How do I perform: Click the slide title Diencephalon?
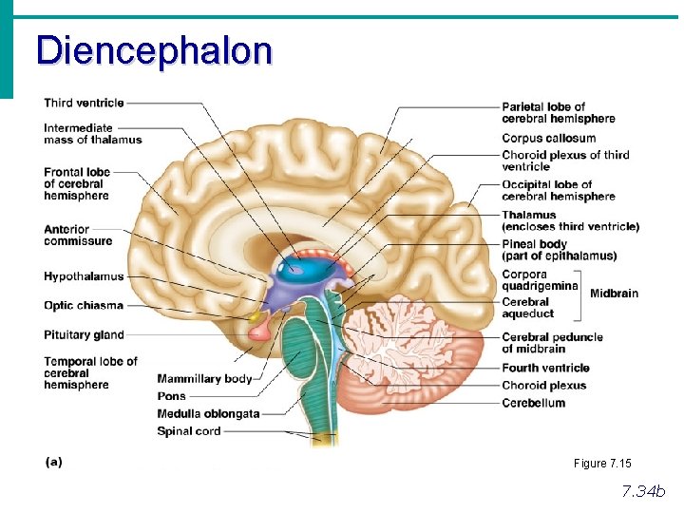pos(154,49)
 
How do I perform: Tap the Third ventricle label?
pos(84,103)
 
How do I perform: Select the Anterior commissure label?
pos(78,235)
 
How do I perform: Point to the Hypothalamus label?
pos(84,276)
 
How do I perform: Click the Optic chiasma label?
pos(84,306)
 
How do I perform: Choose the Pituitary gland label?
pos(84,334)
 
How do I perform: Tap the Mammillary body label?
pos(204,379)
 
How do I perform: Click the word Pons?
pos(172,396)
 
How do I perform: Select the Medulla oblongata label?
pos(208,413)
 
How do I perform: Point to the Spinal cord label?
pos(188,430)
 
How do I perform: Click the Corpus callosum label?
pos(548,138)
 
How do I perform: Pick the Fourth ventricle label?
pos(545,368)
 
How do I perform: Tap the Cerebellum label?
pos(533,403)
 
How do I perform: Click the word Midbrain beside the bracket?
pos(614,294)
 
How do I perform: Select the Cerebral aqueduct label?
pos(527,308)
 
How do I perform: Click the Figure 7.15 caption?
pos(601,464)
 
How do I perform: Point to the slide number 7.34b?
pos(643,491)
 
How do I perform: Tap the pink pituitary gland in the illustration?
pos(259,331)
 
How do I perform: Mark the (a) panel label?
pos(54,461)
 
